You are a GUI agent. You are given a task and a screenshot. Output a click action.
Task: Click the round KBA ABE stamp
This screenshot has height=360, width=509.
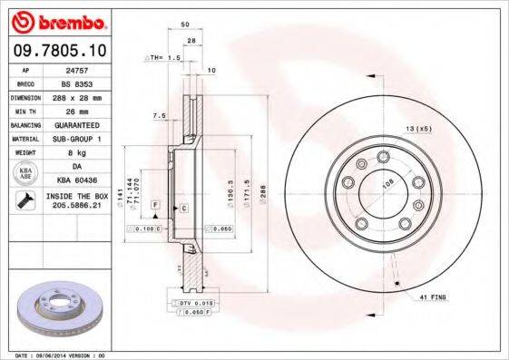coord(24,174)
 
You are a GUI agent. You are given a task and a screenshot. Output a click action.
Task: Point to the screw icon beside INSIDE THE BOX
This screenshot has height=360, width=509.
coord(24,199)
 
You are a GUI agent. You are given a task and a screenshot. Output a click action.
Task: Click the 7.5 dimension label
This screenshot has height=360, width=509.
coord(159,115)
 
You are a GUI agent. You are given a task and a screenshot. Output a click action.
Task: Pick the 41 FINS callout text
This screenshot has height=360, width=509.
coord(430,297)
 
